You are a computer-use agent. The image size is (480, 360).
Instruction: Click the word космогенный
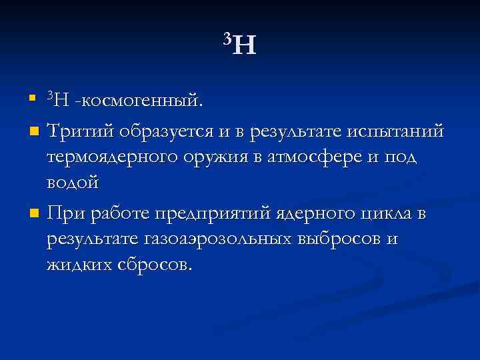click(141, 101)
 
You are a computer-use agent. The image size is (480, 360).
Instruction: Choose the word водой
click(73, 181)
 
